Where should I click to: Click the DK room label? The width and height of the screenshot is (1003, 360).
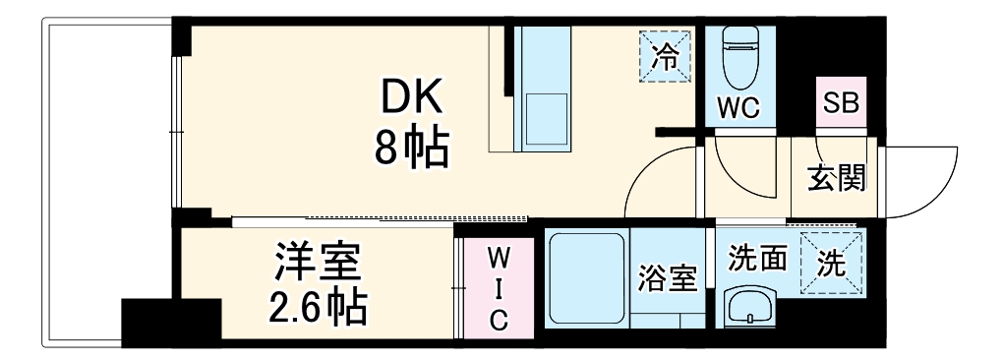coord(412,98)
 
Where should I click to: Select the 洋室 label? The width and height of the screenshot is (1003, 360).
coord(317,264)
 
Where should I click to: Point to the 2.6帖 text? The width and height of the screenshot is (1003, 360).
coord(317,307)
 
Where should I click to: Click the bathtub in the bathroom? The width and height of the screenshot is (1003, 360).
coord(586,280)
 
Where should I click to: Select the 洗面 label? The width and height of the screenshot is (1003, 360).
coord(756,259)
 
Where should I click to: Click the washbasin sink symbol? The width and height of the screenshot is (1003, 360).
coord(751,306)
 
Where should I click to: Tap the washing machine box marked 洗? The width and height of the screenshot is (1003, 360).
coord(831,263)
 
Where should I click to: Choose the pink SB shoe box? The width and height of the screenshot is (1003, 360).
coord(841,102)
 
